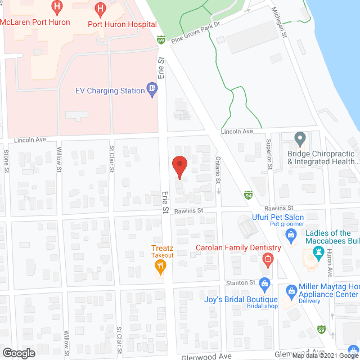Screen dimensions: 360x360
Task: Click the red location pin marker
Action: tap(179, 167)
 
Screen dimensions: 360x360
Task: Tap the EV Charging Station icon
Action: tap(152, 89)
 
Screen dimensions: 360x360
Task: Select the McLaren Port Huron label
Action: tap(35, 22)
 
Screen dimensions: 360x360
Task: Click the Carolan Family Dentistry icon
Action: tap(268, 259)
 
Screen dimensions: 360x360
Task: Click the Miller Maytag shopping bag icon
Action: tap(291, 290)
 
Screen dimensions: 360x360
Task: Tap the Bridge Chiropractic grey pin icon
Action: tap(300, 138)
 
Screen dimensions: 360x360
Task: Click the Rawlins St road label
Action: tap(187, 211)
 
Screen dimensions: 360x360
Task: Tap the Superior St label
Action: tap(269, 154)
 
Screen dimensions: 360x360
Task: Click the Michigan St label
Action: tap(280, 22)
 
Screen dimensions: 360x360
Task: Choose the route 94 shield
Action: tap(248, 195)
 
